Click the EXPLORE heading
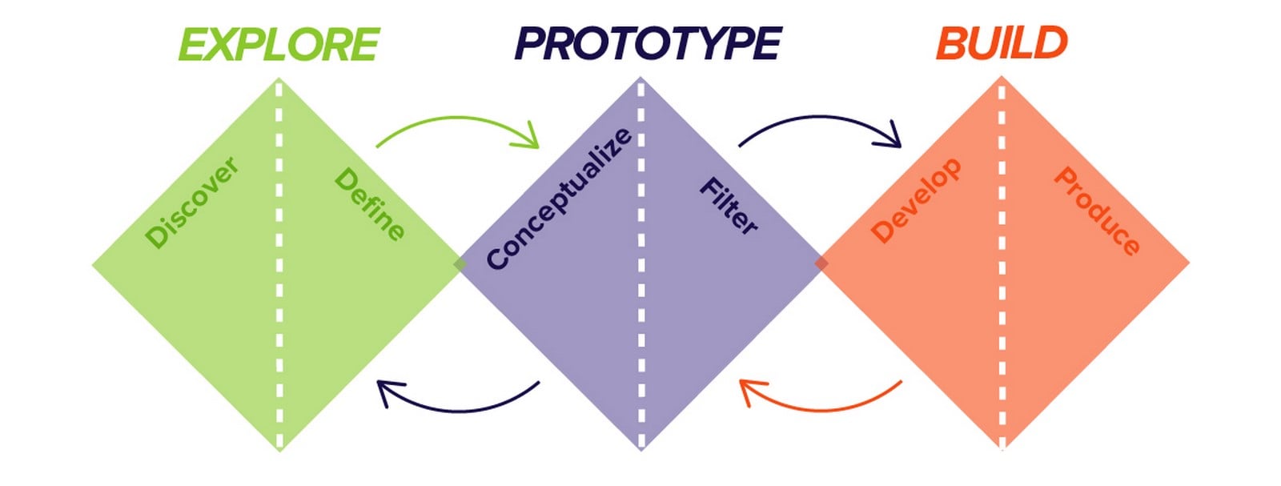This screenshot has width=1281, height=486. tap(279, 44)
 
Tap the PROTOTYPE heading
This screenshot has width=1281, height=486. tap(648, 43)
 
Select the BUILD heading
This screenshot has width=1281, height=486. tap(1002, 43)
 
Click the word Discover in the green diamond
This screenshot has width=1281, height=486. tap(191, 203)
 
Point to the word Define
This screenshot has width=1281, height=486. tap(370, 204)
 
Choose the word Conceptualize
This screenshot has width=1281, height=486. tap(560, 198)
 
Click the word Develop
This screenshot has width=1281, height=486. tap(916, 200)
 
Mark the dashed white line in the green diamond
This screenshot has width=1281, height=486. tap(279, 264)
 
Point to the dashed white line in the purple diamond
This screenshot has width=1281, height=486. tap(641, 264)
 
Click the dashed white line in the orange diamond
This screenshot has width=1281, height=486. tap(1002, 264)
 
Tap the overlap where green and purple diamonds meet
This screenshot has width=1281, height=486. tap(460, 264)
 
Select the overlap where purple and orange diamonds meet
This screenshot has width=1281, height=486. tap(821, 263)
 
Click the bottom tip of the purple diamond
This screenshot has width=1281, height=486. tap(641, 452)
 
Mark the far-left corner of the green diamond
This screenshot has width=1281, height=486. tap(92, 265)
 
